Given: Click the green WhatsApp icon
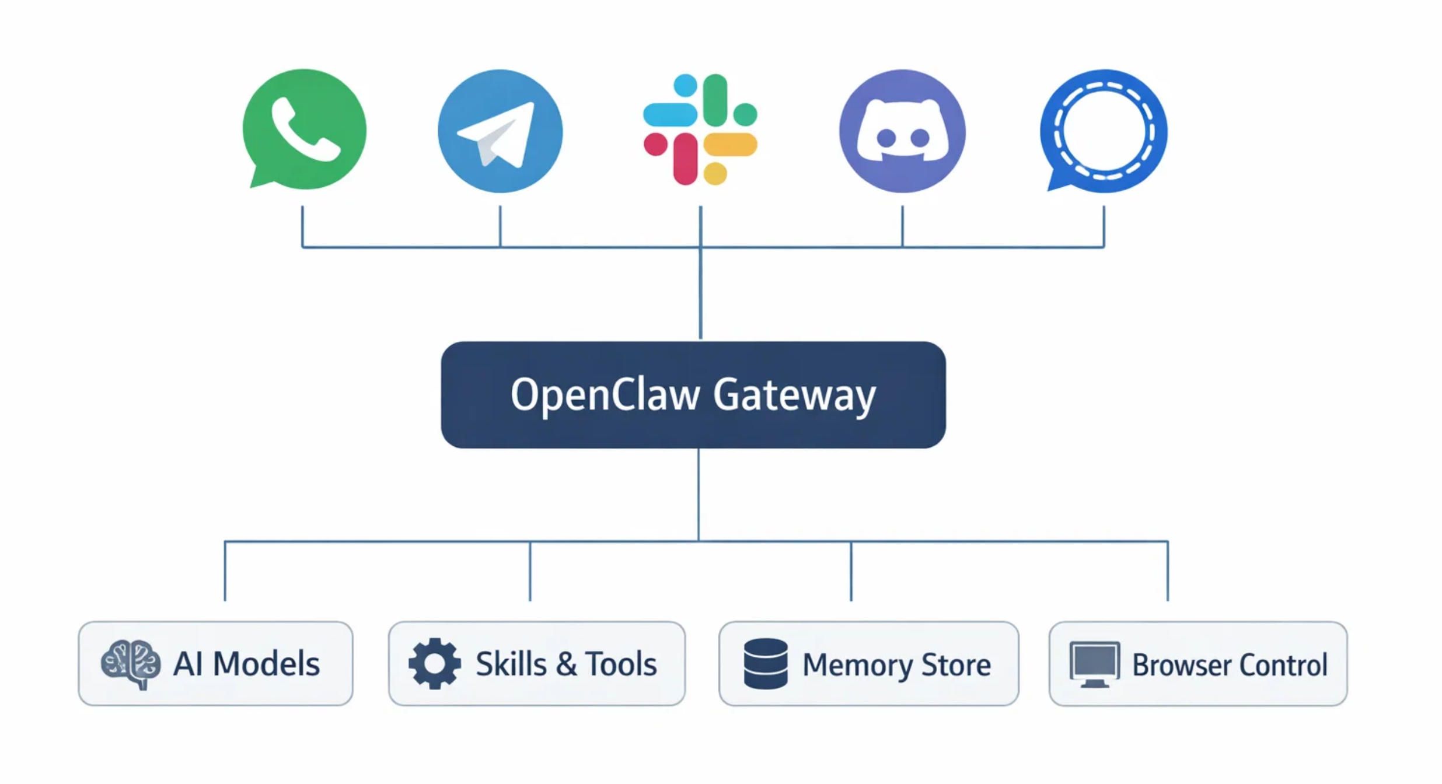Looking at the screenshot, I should click(305, 129).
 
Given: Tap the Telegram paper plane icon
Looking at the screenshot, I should click(500, 131).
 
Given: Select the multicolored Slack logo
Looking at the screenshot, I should click(700, 129).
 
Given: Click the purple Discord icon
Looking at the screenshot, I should click(902, 131).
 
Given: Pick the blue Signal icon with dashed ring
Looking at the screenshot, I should click(1104, 131).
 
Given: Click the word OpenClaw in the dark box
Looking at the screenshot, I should click(605, 395).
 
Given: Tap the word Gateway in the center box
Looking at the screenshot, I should click(794, 396).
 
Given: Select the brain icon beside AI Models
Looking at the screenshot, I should click(131, 664).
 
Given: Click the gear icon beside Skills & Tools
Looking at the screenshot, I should click(434, 664).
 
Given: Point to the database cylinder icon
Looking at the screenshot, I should click(766, 664).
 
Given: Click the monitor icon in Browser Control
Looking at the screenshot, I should click(1094, 664).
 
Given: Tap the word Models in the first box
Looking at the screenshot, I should click(266, 664).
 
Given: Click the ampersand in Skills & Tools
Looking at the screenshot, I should click(566, 664).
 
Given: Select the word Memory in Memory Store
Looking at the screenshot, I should click(856, 665).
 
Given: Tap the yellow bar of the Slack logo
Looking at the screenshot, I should click(731, 144).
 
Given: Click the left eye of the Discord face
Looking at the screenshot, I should click(886, 138).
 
